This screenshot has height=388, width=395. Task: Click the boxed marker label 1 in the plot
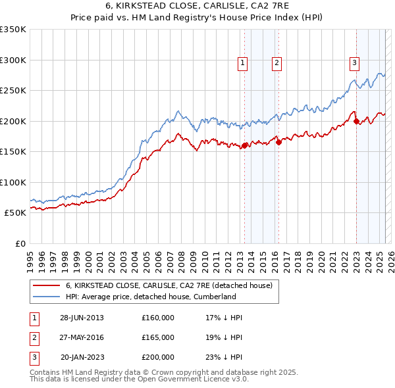point(243,63)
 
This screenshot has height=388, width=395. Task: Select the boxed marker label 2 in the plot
point(276,63)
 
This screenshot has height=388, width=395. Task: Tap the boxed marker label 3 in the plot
point(354,63)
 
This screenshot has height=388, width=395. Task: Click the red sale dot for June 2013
point(244,145)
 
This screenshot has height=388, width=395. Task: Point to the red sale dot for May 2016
point(278,142)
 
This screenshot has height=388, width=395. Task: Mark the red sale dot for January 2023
point(356,121)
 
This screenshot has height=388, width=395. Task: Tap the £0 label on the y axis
point(19,243)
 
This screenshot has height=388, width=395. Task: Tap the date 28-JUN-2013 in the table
point(82,318)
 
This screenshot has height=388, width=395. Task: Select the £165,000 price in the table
point(158,337)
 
